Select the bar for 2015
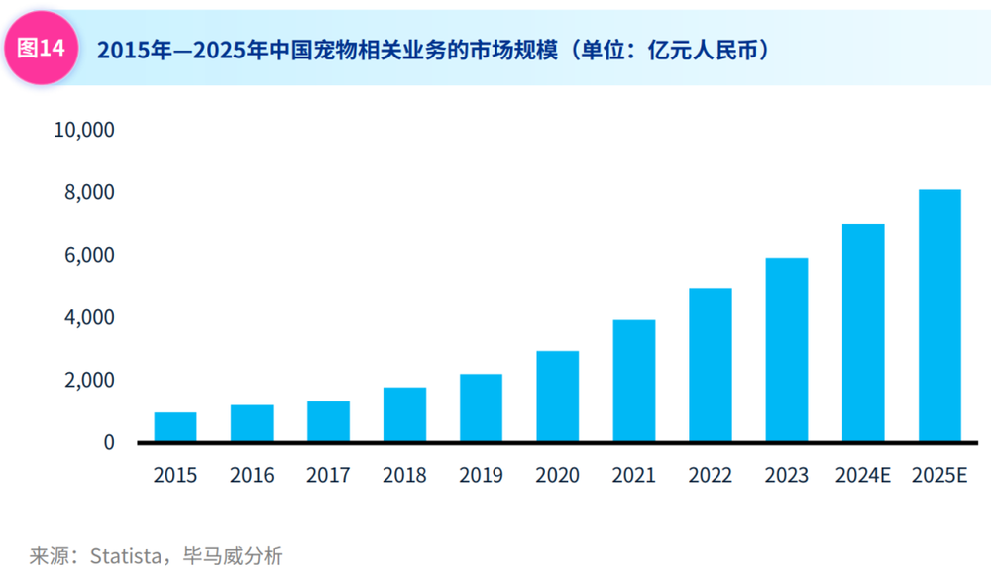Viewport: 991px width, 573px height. pyautogui.click(x=175, y=427)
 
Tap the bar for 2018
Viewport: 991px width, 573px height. pyautogui.click(x=404, y=414)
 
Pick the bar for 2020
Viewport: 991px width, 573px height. pyautogui.click(x=558, y=397)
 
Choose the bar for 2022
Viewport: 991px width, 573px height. pyautogui.click(x=711, y=366)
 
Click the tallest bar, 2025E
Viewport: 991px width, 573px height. pyautogui.click(x=939, y=316)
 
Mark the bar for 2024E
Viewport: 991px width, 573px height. pyautogui.click(x=863, y=333)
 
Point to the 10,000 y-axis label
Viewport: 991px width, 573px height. pyautogui.click(x=84, y=130)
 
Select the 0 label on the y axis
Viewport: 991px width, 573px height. pyautogui.click(x=109, y=443)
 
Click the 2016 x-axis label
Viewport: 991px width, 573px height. pyautogui.click(x=252, y=476)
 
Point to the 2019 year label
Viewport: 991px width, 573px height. pyautogui.click(x=481, y=476)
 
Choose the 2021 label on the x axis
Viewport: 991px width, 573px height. pyautogui.click(x=634, y=476)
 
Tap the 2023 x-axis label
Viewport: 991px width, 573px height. pyautogui.click(x=787, y=476)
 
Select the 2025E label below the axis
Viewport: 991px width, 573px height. pyautogui.click(x=939, y=476)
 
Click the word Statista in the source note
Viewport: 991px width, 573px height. pyautogui.click(x=125, y=555)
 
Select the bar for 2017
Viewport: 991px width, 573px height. pyautogui.click(x=328, y=421)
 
